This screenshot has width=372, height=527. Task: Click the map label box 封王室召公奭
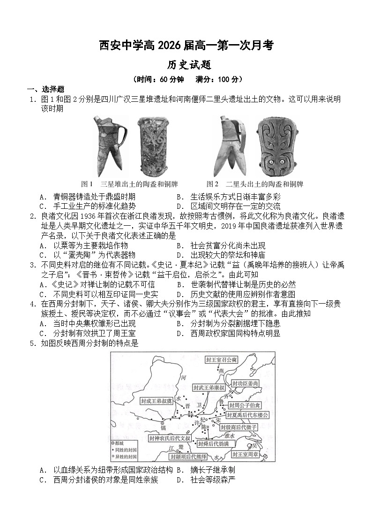(x=222, y=359)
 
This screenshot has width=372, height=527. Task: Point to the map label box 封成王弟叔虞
(x=156, y=401)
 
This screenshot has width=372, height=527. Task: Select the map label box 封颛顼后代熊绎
(x=188, y=456)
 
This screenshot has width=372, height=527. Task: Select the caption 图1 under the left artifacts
(x=87, y=183)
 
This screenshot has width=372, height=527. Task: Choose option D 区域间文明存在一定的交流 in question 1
(x=229, y=206)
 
